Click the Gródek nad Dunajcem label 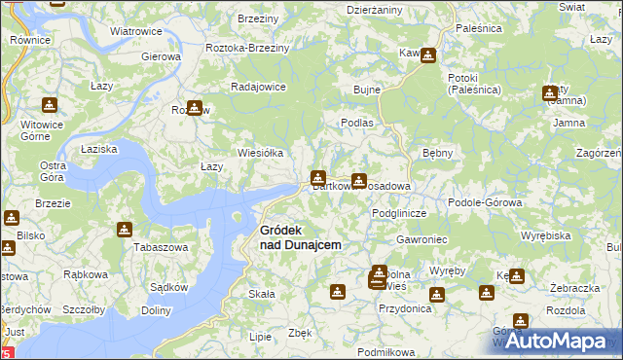300,237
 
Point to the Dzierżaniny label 375,9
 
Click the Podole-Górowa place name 485,202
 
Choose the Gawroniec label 421,238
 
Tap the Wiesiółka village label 260,153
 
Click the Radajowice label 257,86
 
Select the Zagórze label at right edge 598,154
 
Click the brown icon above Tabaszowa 125,230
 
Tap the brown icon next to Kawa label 427,55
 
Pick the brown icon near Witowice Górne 50,105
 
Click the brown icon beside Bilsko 12,219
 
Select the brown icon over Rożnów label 194,107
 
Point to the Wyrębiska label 545,235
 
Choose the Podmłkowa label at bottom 386,351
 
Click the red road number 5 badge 8,352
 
